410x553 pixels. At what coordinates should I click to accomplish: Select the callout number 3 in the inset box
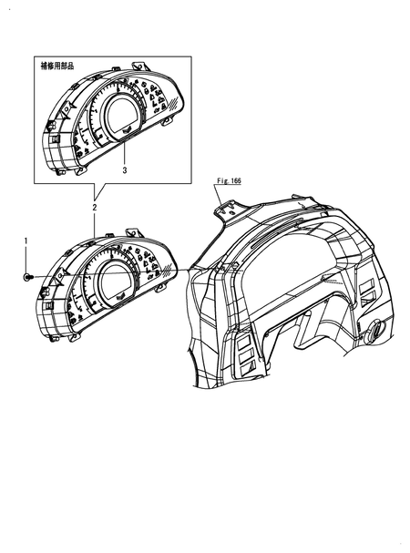125,169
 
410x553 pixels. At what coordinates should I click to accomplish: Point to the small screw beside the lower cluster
27,276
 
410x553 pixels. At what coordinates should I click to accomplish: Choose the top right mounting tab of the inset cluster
138,66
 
